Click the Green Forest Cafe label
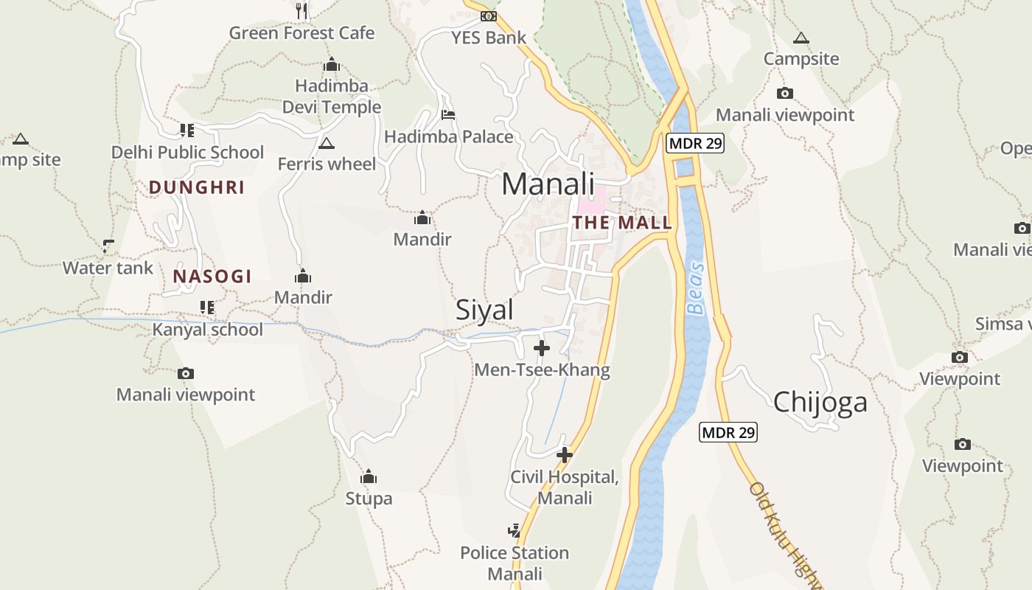click(301, 33)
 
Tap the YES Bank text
click(489, 38)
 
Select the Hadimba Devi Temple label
click(332, 97)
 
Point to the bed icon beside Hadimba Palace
click(447, 114)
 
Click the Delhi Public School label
click(187, 153)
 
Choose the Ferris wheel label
click(327, 164)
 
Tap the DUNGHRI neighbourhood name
click(196, 187)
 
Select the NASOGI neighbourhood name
click(212, 277)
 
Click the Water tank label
click(108, 268)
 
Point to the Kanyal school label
click(207, 330)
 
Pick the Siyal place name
click(484, 310)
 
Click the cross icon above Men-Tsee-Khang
click(542, 348)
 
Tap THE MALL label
click(622, 223)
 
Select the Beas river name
click(695, 288)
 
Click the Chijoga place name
click(820, 403)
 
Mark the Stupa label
click(369, 499)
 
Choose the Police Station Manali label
click(515, 563)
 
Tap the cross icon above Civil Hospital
click(565, 455)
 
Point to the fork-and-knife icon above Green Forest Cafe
click(301, 10)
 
